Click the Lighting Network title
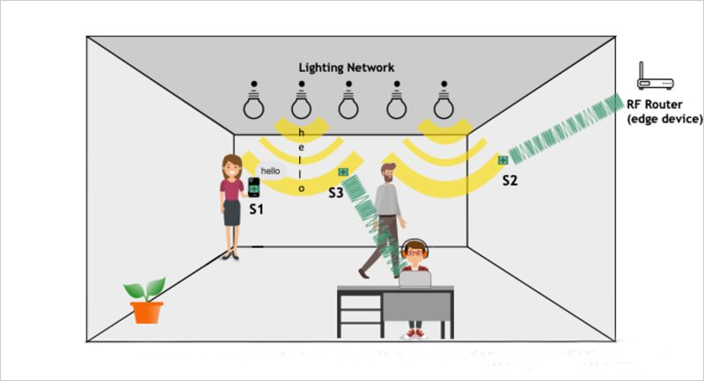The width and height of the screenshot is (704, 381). tap(346, 68)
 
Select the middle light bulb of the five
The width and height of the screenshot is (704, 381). tap(348, 103)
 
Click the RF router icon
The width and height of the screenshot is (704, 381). tap(655, 81)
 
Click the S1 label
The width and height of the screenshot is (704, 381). tap(255, 210)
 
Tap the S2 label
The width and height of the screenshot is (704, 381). tap(510, 180)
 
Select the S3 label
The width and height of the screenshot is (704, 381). tap(335, 191)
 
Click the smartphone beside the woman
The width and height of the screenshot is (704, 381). tap(253, 187)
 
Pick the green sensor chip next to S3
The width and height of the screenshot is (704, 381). tap(344, 172)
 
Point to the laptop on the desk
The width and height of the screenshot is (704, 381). tap(414, 278)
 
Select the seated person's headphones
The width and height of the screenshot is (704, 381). tap(414, 250)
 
